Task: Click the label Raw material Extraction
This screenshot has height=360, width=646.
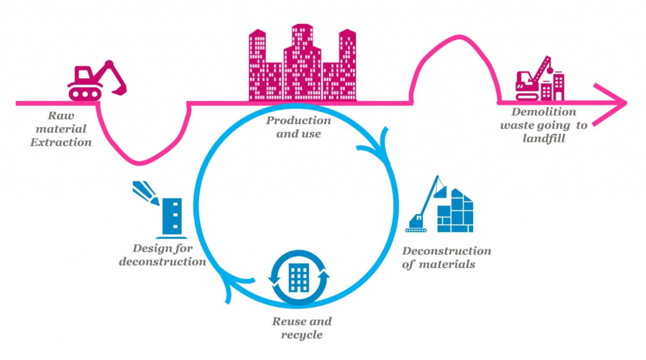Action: click(x=61, y=129)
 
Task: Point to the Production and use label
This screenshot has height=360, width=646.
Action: click(x=298, y=127)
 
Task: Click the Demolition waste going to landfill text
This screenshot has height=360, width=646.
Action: click(x=543, y=125)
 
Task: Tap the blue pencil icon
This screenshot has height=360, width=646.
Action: click(x=145, y=192)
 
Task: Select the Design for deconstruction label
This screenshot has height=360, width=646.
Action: click(x=162, y=255)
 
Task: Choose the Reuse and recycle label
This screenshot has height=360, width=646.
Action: click(x=301, y=328)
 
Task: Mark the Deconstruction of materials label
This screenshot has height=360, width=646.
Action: click(x=446, y=257)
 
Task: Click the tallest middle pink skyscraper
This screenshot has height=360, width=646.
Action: click(x=302, y=63)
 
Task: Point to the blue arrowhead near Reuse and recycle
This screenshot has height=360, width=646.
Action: click(x=230, y=291)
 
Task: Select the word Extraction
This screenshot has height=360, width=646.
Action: click(x=61, y=142)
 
